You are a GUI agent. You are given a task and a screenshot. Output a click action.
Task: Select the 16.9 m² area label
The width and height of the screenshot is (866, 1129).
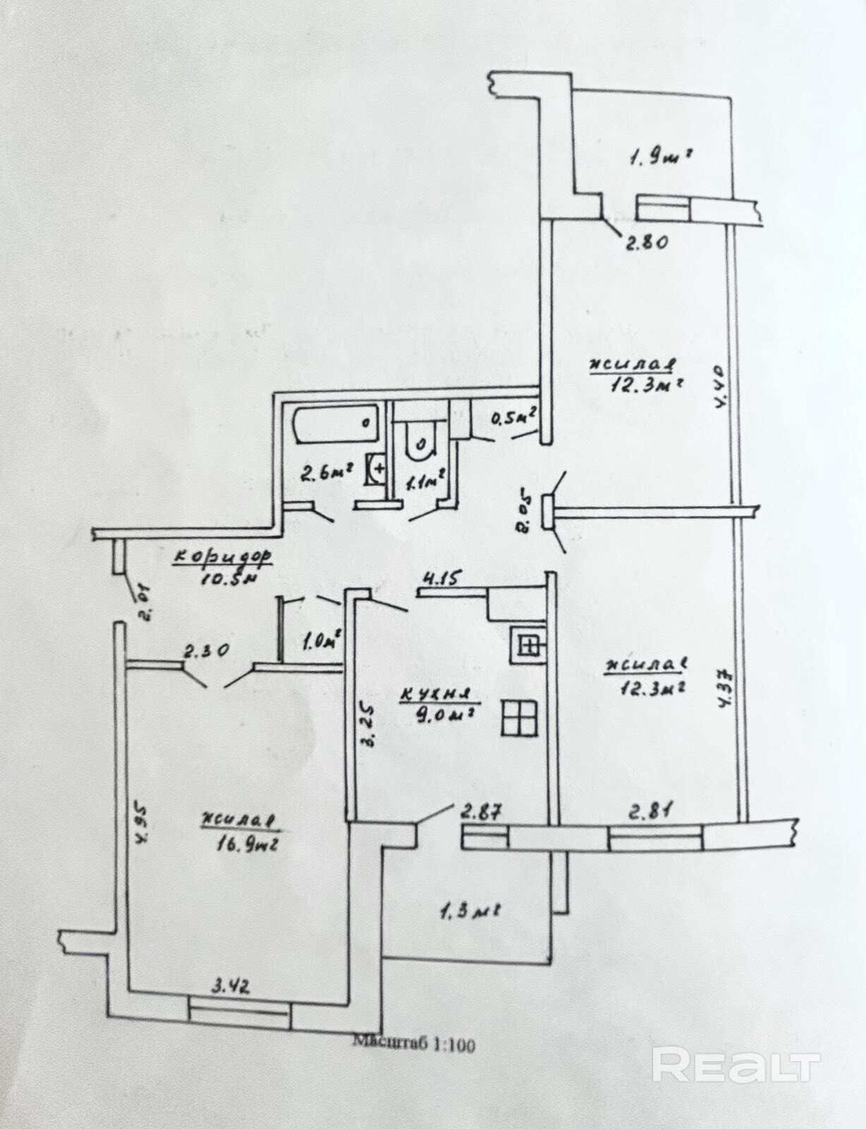pos(246,843)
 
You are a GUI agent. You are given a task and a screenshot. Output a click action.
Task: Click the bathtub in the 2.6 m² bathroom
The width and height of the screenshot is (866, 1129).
pos(334,425)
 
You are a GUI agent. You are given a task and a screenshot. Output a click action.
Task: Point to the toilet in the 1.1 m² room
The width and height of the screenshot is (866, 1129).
pos(420,445)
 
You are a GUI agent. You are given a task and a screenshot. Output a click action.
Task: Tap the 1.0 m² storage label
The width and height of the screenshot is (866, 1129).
pos(322,641)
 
